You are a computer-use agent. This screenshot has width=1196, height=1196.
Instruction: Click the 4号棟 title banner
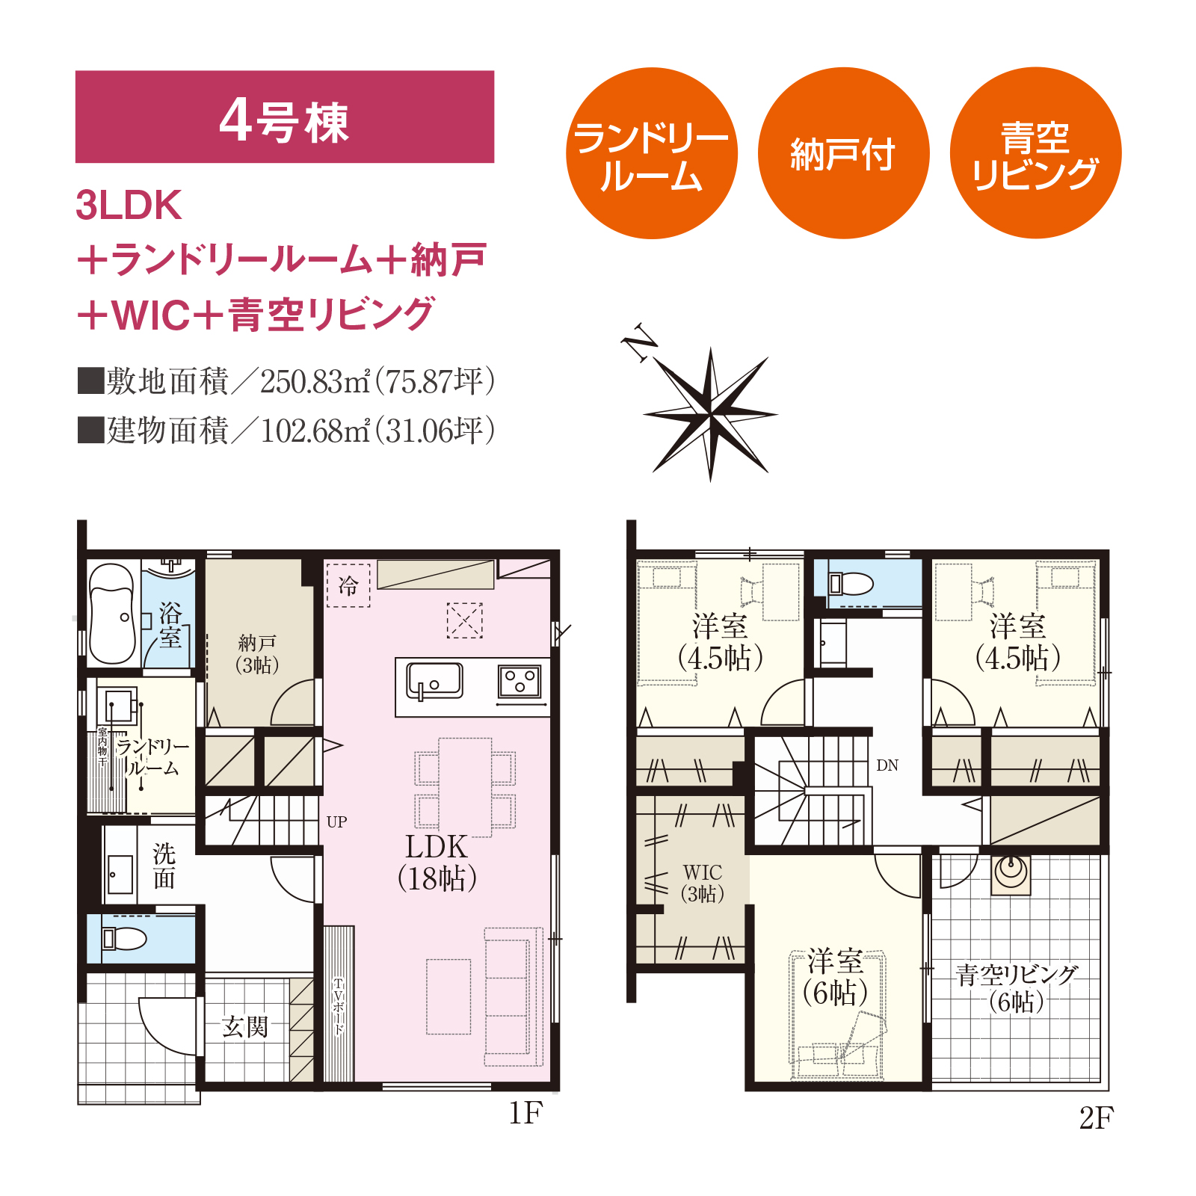[285, 117]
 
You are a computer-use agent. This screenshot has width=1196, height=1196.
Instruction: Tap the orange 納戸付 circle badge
[843, 153]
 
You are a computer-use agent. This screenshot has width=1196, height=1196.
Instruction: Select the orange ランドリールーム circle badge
[651, 153]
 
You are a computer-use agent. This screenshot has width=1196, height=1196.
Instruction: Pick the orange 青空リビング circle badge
[1035, 153]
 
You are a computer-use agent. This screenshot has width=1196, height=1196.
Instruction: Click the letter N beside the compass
[639, 344]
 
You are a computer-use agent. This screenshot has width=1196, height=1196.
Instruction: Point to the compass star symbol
[710, 414]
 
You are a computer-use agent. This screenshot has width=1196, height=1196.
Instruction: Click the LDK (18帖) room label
[437, 863]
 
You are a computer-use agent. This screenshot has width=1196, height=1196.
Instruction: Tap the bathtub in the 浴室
[112, 613]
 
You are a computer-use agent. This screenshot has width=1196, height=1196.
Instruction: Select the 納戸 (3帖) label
[257, 653]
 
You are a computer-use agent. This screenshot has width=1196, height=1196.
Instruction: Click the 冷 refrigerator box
[348, 585]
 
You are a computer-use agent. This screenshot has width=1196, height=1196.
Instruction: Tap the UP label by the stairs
[336, 822]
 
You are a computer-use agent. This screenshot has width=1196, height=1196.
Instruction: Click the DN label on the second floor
[887, 765]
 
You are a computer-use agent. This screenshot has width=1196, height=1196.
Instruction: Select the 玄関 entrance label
[244, 1026]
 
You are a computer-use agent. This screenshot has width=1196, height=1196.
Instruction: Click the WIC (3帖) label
[702, 883]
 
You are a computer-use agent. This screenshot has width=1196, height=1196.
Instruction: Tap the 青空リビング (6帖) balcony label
[1017, 987]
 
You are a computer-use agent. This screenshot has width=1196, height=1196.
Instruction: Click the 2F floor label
[1097, 1118]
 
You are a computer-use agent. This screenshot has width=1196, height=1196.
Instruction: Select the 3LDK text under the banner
[129, 206]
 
